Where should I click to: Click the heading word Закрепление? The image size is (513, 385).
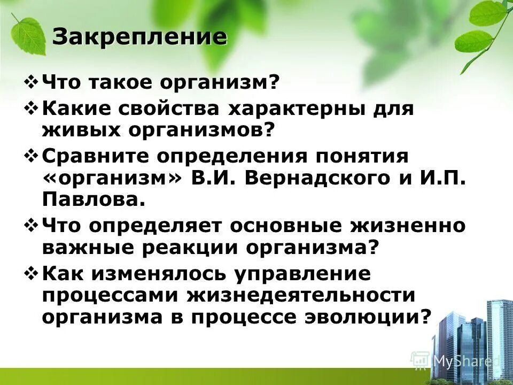(139, 37)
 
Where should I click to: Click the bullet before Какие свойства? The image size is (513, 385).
(32, 109)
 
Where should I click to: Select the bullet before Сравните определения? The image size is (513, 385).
(32, 156)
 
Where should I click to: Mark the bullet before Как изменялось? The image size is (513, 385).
(32, 273)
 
